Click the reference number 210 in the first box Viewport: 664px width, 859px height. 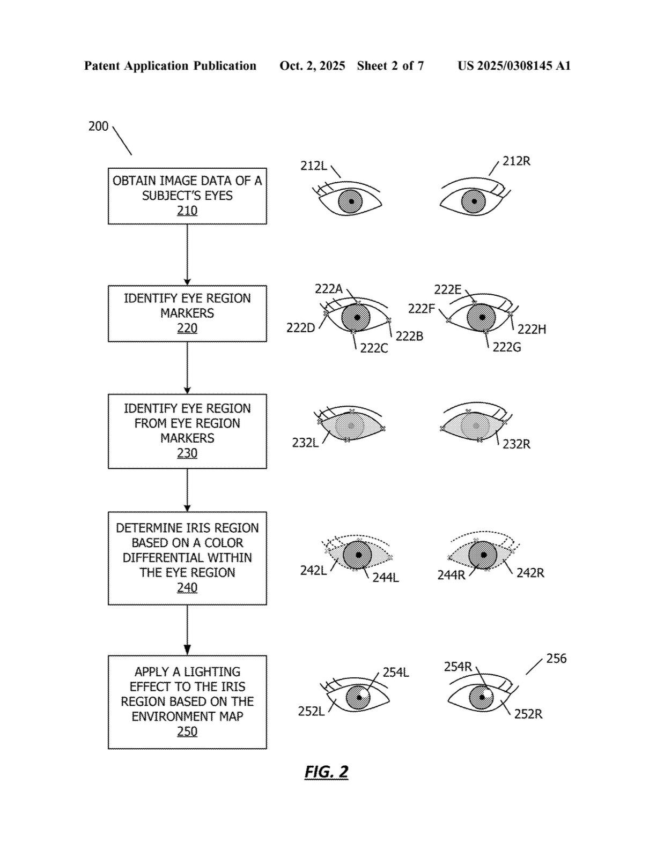(x=187, y=211)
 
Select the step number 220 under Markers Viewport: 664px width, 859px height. (x=187, y=328)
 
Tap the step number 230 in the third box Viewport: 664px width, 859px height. (x=187, y=453)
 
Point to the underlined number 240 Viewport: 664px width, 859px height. (x=187, y=588)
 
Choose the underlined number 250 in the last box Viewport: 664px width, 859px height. (x=187, y=732)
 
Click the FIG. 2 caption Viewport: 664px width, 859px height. (x=326, y=772)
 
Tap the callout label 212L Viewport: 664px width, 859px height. (x=313, y=166)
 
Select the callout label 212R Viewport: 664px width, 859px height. (x=517, y=161)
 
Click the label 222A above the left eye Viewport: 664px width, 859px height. (x=328, y=289)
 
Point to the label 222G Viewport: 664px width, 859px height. (x=507, y=348)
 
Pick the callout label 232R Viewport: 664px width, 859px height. (x=517, y=444)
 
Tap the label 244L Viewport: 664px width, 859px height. (x=386, y=578)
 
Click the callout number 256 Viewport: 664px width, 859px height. (x=556, y=659)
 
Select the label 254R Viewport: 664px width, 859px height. (x=458, y=667)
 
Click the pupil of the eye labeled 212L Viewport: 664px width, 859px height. (x=351, y=201)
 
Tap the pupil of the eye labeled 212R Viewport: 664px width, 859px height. (x=474, y=201)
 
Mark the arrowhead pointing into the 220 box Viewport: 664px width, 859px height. (x=187, y=282)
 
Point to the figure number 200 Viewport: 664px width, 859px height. (x=98, y=126)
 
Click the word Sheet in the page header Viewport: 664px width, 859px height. (x=372, y=66)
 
